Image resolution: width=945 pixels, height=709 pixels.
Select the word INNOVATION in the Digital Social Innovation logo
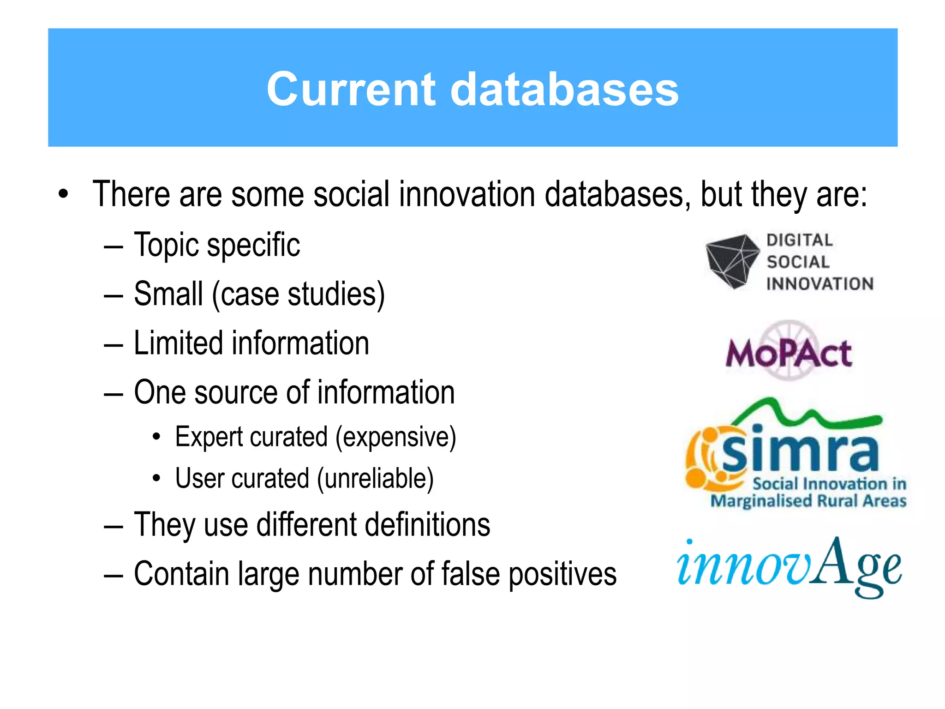point(820,284)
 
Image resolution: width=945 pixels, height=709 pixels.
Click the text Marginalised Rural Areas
point(808,501)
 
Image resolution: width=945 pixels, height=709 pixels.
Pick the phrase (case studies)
point(298,294)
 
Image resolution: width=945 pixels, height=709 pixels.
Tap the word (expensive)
point(395,437)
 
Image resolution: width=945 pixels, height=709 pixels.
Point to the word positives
point(562,574)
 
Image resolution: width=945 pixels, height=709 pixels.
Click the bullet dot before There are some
point(63,194)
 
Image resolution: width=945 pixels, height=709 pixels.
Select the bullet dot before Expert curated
point(157,437)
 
